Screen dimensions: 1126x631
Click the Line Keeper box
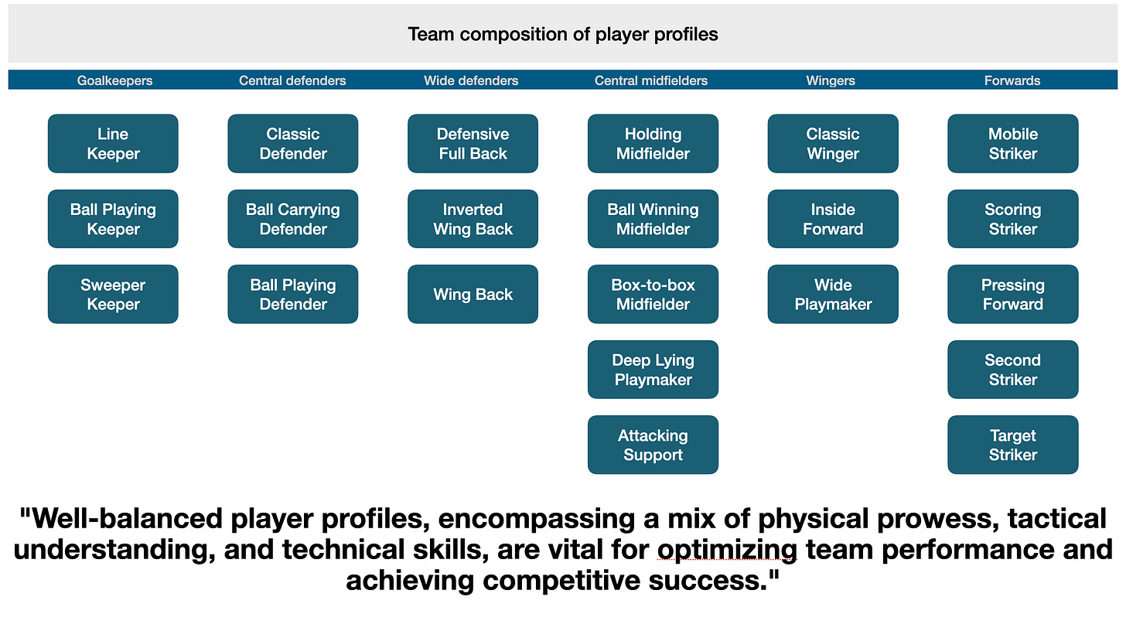(113, 144)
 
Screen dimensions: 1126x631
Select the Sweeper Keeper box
(113, 295)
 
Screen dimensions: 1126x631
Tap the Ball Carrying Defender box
(293, 219)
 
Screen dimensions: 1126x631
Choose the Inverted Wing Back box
(473, 219)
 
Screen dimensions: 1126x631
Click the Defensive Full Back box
(473, 144)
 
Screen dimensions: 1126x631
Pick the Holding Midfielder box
(653, 144)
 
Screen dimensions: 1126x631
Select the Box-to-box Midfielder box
(653, 295)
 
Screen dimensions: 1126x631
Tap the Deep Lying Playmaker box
(653, 370)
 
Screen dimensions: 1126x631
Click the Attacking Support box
(653, 445)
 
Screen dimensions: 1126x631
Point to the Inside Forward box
(833, 219)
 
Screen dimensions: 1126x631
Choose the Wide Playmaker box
(833, 295)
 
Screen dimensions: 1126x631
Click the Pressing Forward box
(1012, 295)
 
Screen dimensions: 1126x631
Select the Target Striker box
(1012, 445)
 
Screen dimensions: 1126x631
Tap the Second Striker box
(1012, 370)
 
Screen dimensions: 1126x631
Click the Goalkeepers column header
(114, 80)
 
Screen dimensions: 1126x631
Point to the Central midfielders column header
(651, 80)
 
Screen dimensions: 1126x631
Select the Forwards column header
(1012, 80)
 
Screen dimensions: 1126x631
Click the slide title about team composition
(563, 34)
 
